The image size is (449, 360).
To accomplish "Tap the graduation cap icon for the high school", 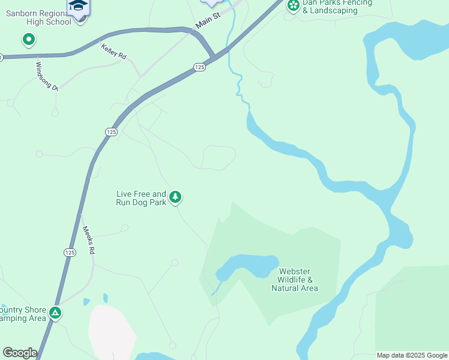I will tap(77, 7).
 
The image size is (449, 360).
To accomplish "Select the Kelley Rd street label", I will tap(113, 52).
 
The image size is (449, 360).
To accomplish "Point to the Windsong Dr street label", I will tap(47, 76).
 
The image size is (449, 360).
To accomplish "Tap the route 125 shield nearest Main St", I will tap(200, 68).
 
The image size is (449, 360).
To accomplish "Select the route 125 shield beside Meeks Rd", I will tap(70, 253).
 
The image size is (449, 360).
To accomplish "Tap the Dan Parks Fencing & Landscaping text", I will tap(337, 7).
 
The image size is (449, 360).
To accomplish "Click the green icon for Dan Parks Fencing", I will tap(293, 6).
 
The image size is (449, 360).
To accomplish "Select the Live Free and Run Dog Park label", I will tap(141, 198).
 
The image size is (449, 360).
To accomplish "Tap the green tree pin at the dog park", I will tap(175, 197).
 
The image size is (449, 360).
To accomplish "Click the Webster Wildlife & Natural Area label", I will tap(294, 280).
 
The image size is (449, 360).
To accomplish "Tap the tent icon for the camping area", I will tap(55, 313).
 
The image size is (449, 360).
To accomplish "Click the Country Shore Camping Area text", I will tap(23, 314).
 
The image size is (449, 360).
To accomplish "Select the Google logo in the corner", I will tap(20, 353).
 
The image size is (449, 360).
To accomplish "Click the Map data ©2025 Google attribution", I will tap(412, 355).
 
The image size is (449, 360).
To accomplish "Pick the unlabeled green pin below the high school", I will tap(28, 40).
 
